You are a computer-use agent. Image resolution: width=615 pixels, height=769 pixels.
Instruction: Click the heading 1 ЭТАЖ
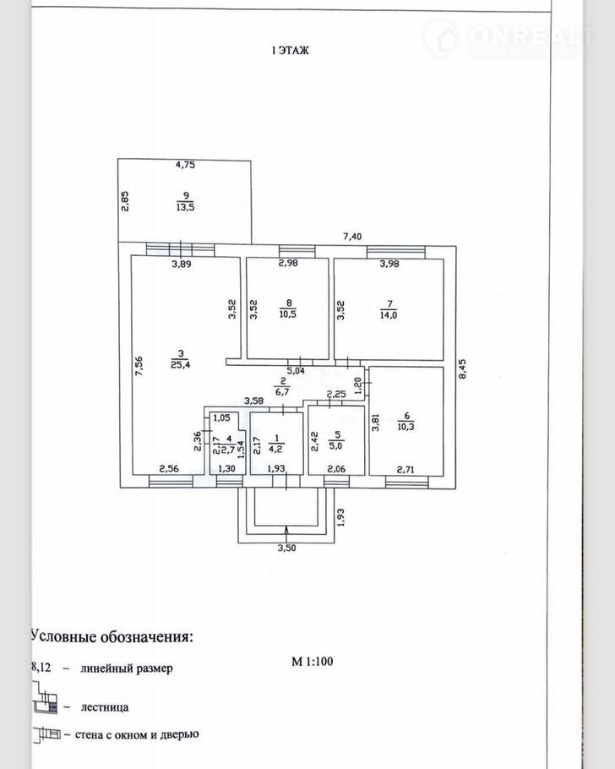290,51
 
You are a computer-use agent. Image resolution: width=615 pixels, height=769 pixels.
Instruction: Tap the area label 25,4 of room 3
177,365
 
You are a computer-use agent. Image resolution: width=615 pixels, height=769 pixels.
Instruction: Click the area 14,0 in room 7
389,312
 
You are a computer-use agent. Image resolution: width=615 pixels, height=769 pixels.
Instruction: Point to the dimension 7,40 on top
351,237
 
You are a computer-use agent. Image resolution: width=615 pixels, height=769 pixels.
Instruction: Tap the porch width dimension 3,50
287,550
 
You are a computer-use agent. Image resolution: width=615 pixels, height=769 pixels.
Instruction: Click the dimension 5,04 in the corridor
296,369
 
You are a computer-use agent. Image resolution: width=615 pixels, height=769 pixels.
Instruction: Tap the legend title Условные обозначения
112,635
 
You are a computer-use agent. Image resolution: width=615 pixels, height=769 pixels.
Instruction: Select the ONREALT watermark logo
510,35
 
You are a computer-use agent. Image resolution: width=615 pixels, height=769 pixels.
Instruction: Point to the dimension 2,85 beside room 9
124,203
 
